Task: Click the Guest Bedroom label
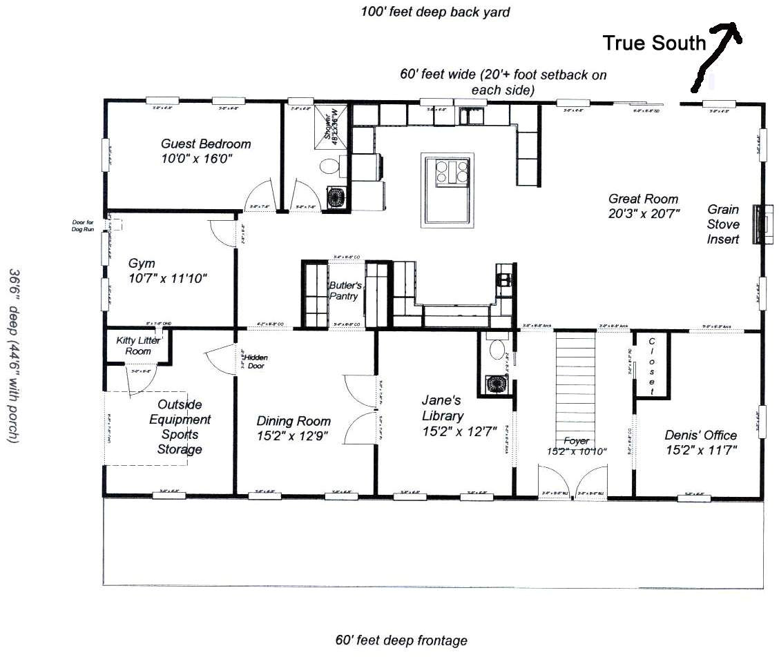206,151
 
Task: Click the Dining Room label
293,428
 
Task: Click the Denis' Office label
700,442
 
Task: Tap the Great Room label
644,206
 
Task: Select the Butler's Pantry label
345,291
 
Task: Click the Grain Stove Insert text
722,224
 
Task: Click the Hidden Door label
254,362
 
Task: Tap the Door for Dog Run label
82,225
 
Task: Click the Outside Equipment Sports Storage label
179,427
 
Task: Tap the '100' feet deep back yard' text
435,12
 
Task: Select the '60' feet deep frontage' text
401,640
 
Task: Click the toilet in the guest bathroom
329,166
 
